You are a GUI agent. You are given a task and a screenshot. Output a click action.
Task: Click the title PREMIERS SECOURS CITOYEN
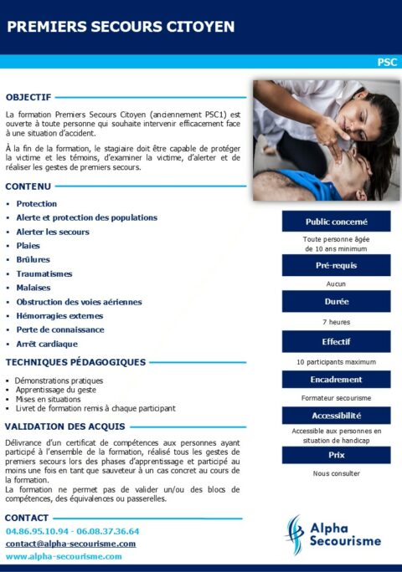tap(121, 27)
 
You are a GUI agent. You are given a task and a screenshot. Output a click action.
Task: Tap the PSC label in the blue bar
tap(386, 62)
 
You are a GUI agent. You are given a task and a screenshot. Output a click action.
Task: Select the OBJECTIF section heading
tap(28, 97)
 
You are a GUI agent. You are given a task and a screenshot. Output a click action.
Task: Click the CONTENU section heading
tap(28, 186)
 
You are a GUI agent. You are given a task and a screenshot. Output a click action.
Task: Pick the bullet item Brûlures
tap(33, 260)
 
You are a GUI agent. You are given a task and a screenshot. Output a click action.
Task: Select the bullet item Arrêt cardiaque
tap(47, 344)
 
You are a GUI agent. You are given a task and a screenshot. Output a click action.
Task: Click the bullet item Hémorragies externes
tap(59, 316)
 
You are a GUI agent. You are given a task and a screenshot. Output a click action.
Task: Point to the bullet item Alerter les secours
tap(53, 232)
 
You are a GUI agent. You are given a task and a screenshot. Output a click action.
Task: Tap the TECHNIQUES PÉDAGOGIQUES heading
tap(75, 362)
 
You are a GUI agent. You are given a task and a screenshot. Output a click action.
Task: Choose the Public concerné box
tap(336, 222)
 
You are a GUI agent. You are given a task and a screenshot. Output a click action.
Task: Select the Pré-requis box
tap(336, 266)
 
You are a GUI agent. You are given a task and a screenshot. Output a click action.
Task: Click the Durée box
tap(336, 302)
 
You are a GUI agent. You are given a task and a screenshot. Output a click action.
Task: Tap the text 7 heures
tap(336, 322)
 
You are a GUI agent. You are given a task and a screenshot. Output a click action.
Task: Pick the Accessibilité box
tap(336, 416)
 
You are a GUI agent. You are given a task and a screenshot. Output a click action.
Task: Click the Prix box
tap(336, 455)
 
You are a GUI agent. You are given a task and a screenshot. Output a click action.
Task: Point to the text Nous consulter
tap(336, 473)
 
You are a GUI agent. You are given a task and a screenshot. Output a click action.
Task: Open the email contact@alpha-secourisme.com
tap(70, 544)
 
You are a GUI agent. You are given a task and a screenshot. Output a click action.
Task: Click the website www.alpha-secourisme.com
tap(64, 556)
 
